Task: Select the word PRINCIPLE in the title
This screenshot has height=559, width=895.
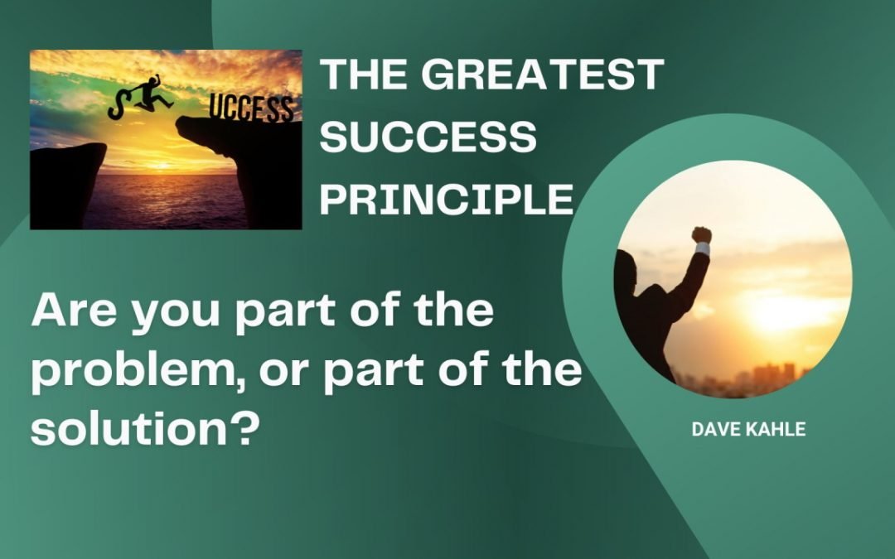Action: point(447,199)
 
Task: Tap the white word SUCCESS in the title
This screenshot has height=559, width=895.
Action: point(428,137)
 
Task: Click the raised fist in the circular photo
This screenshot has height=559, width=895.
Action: point(702,236)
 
